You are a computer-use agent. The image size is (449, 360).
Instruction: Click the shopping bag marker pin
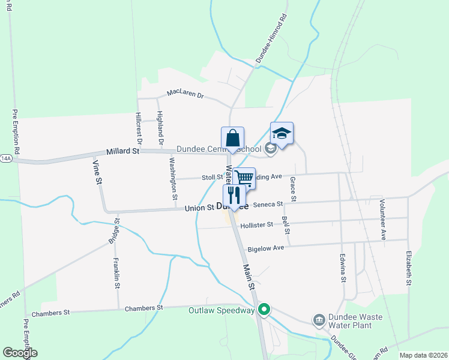pyautogui.click(x=232, y=137)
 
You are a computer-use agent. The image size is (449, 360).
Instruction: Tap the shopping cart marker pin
pyautogui.click(x=244, y=178)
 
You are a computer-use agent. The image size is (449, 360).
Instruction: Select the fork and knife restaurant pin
pyautogui.click(x=234, y=194)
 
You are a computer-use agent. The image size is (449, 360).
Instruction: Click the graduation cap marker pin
pyautogui.click(x=282, y=133)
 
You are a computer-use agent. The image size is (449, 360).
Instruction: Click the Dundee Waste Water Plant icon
pyautogui.click(x=319, y=320)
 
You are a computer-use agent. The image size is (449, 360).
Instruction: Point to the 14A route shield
pyautogui.click(x=6, y=158)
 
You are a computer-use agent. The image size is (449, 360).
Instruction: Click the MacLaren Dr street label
pyautogui.click(x=186, y=94)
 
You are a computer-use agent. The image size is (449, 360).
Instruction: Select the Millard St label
pyautogui.click(x=122, y=152)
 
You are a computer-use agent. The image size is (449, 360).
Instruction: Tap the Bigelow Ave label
pyautogui.click(x=266, y=248)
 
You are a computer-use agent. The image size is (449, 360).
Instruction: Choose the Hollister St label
pyautogui.click(x=256, y=224)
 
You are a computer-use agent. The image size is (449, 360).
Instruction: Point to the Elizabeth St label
pyautogui.click(x=409, y=268)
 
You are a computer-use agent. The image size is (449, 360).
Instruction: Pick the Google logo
pyautogui.click(x=20, y=353)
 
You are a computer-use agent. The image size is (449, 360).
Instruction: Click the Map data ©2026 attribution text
pyautogui.click(x=423, y=355)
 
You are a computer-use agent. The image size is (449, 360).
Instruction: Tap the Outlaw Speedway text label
pyautogui.click(x=221, y=310)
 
